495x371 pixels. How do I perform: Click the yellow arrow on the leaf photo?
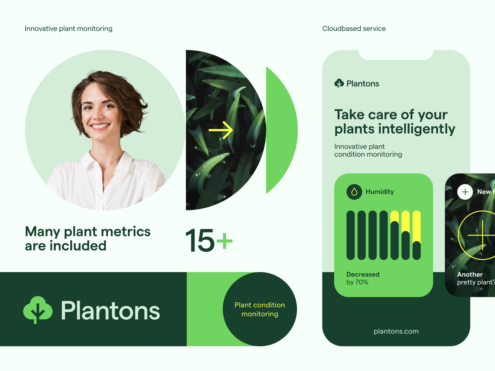(221, 130)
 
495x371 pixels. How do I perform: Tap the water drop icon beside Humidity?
(354, 192)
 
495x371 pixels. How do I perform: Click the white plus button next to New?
(465, 192)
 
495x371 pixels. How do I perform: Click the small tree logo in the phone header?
(339, 83)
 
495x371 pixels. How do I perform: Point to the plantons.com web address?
(396, 331)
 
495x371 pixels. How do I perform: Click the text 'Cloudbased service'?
(354, 29)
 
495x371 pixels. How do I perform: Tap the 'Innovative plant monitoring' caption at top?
(68, 29)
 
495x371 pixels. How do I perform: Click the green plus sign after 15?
(224, 241)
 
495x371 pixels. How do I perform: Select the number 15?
(200, 241)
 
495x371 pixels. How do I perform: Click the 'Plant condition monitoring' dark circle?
(260, 309)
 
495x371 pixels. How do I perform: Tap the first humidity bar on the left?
(351, 235)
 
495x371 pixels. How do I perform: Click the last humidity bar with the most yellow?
(417, 235)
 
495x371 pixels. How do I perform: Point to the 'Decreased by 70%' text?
(363, 278)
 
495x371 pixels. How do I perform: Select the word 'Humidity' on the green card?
(380, 192)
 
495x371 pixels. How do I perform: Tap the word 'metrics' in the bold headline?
(126, 232)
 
